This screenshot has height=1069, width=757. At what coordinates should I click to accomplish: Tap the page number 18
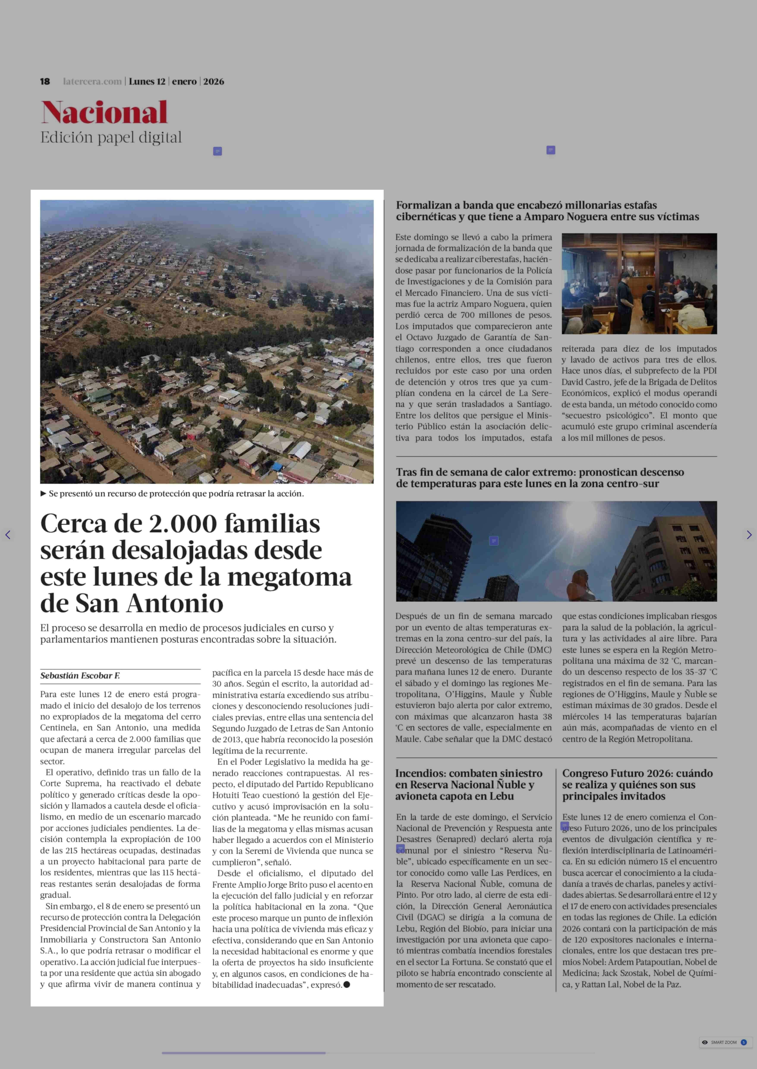click(x=45, y=82)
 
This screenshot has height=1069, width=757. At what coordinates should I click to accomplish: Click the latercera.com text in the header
click(x=92, y=82)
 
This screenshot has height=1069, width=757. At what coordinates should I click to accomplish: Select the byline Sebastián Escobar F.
click(x=80, y=676)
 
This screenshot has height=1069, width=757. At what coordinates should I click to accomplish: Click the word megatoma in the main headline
click(x=289, y=577)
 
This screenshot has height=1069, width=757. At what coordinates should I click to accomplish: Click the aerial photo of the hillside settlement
click(x=207, y=342)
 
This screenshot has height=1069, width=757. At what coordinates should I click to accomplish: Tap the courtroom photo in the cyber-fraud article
click(x=639, y=284)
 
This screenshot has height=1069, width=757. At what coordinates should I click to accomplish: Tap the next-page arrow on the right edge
click(x=749, y=535)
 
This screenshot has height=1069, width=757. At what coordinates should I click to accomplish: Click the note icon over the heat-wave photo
click(x=494, y=541)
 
